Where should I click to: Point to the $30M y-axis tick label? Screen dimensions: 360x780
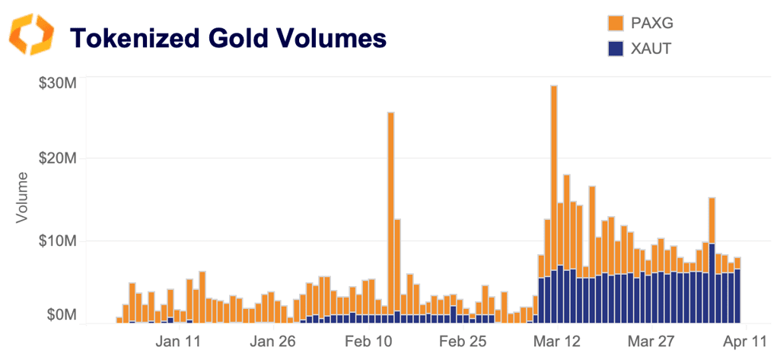(x=58, y=83)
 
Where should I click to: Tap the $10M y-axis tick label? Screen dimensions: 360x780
(x=58, y=241)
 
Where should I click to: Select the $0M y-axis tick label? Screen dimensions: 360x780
(x=61, y=314)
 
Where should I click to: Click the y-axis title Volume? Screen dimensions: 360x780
(x=22, y=199)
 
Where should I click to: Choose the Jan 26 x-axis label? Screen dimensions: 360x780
(x=273, y=341)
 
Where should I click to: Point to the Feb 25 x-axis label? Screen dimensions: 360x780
(x=463, y=341)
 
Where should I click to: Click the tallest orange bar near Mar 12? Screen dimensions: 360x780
(x=554, y=175)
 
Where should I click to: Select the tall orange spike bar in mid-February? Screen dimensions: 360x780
(x=391, y=205)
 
